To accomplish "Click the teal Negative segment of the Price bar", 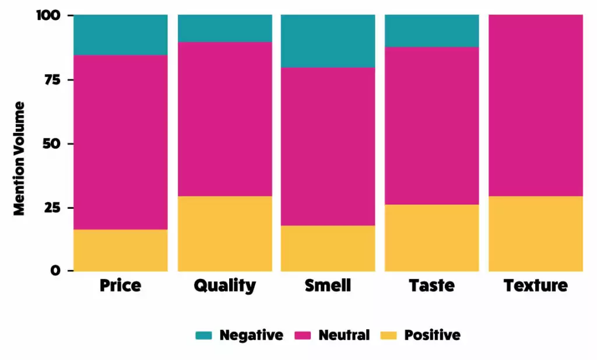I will (x=121, y=35).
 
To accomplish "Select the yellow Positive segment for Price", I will (x=121, y=250).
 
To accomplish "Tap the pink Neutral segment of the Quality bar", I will (x=224, y=119).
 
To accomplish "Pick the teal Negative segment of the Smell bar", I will (x=328, y=41).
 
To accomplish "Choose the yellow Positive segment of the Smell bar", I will (x=328, y=248).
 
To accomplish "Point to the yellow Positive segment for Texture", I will (x=535, y=233).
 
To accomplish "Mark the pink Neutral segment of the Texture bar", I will (x=535, y=105).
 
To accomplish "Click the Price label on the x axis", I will (x=121, y=285).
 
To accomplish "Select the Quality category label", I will (x=224, y=285).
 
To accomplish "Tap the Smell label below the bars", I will (x=328, y=285).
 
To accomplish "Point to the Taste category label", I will (x=431, y=285).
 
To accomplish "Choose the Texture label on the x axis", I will (x=535, y=285).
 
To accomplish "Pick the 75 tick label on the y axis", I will (x=54, y=79).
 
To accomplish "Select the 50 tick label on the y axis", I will (x=54, y=144).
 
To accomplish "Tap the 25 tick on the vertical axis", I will (x=54, y=208).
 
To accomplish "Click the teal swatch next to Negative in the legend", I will (x=204, y=335).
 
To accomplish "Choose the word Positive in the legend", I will (x=432, y=335).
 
